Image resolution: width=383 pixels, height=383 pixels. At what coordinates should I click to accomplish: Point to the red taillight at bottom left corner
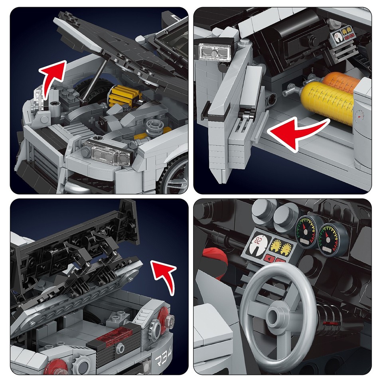(x=56, y=366)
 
